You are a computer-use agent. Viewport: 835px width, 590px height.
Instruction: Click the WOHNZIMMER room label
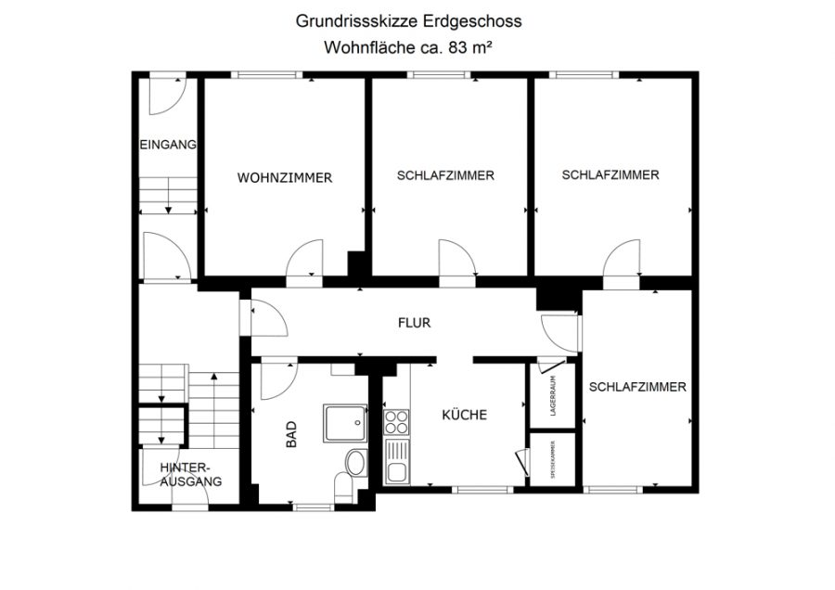pos(285,178)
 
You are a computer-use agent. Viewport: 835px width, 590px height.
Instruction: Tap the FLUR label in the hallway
pos(415,323)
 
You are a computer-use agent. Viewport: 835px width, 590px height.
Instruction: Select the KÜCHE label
pos(465,415)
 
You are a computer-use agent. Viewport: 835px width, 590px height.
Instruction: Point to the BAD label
pos(291,434)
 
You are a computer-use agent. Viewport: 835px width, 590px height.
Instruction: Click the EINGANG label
pos(168,145)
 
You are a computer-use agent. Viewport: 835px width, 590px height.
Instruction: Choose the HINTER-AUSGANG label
pos(190,474)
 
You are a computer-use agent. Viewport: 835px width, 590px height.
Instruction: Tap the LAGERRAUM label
pos(553,395)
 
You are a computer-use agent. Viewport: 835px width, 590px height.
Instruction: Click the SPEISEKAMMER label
pos(553,460)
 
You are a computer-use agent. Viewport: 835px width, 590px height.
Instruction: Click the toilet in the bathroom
pos(344,487)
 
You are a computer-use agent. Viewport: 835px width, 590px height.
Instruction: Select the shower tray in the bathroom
pos(345,423)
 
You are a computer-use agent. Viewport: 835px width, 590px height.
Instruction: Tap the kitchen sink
pos(397,462)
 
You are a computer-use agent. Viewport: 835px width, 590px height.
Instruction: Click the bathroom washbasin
pos(355,463)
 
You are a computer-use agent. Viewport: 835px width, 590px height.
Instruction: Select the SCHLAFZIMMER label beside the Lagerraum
pos(637,387)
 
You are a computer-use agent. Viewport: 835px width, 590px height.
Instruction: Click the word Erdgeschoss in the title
pos(472,21)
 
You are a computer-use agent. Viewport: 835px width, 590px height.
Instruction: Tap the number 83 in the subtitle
pos(458,47)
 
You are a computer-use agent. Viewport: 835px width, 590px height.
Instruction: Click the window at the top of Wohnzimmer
pos(267,74)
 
